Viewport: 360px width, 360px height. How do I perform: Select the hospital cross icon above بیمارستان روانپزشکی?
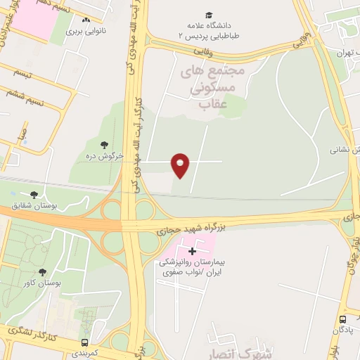click(x=192, y=251)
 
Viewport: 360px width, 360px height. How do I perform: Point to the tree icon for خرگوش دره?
click(x=105, y=144)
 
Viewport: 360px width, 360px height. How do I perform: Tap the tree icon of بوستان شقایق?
click(x=34, y=195)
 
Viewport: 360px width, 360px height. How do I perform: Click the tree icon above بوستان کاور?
click(x=42, y=271)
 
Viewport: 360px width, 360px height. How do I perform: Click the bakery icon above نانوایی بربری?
click(x=85, y=21)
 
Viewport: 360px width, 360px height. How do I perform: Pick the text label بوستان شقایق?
click(x=34, y=205)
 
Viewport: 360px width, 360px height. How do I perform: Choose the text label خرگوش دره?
click(x=105, y=155)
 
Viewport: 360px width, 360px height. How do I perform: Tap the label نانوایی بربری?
click(x=85, y=32)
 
